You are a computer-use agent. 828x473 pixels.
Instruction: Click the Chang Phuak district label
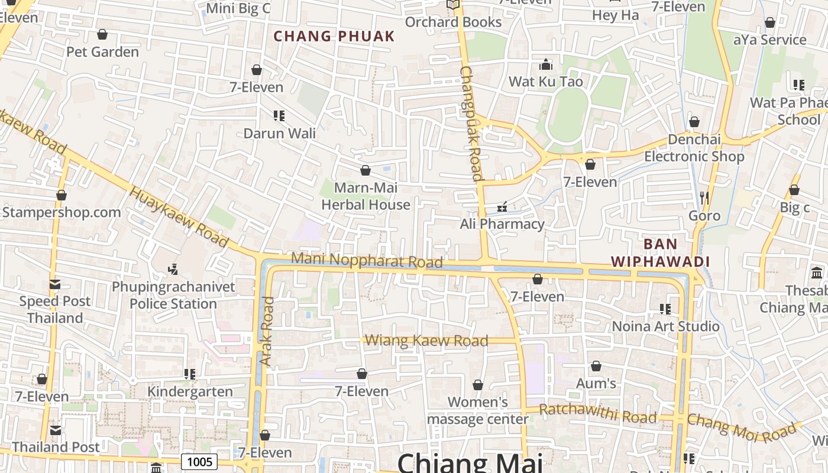click(334, 36)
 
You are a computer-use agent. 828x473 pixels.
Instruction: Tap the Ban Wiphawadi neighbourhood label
click(660, 252)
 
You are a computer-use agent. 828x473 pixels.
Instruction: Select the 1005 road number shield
click(199, 461)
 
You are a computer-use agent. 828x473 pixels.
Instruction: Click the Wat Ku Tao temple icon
click(546, 64)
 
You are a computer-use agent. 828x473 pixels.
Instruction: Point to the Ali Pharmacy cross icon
click(502, 207)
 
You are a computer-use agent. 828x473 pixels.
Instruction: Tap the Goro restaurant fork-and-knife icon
click(704, 198)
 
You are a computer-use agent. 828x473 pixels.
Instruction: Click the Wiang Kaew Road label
click(426, 341)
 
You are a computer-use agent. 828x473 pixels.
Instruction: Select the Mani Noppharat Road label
click(367, 260)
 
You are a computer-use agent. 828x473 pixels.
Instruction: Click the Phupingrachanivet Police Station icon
click(173, 270)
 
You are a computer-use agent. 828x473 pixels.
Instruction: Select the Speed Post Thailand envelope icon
click(55, 284)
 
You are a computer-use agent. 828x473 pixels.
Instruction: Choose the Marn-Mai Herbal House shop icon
click(366, 171)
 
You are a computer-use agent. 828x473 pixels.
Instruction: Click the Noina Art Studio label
click(665, 326)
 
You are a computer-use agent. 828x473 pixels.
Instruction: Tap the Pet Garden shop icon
click(102, 35)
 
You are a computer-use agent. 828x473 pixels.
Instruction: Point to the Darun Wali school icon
click(279, 116)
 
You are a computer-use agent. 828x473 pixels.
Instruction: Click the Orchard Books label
click(453, 22)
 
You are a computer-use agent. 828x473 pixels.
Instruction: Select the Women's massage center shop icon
click(478, 385)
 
